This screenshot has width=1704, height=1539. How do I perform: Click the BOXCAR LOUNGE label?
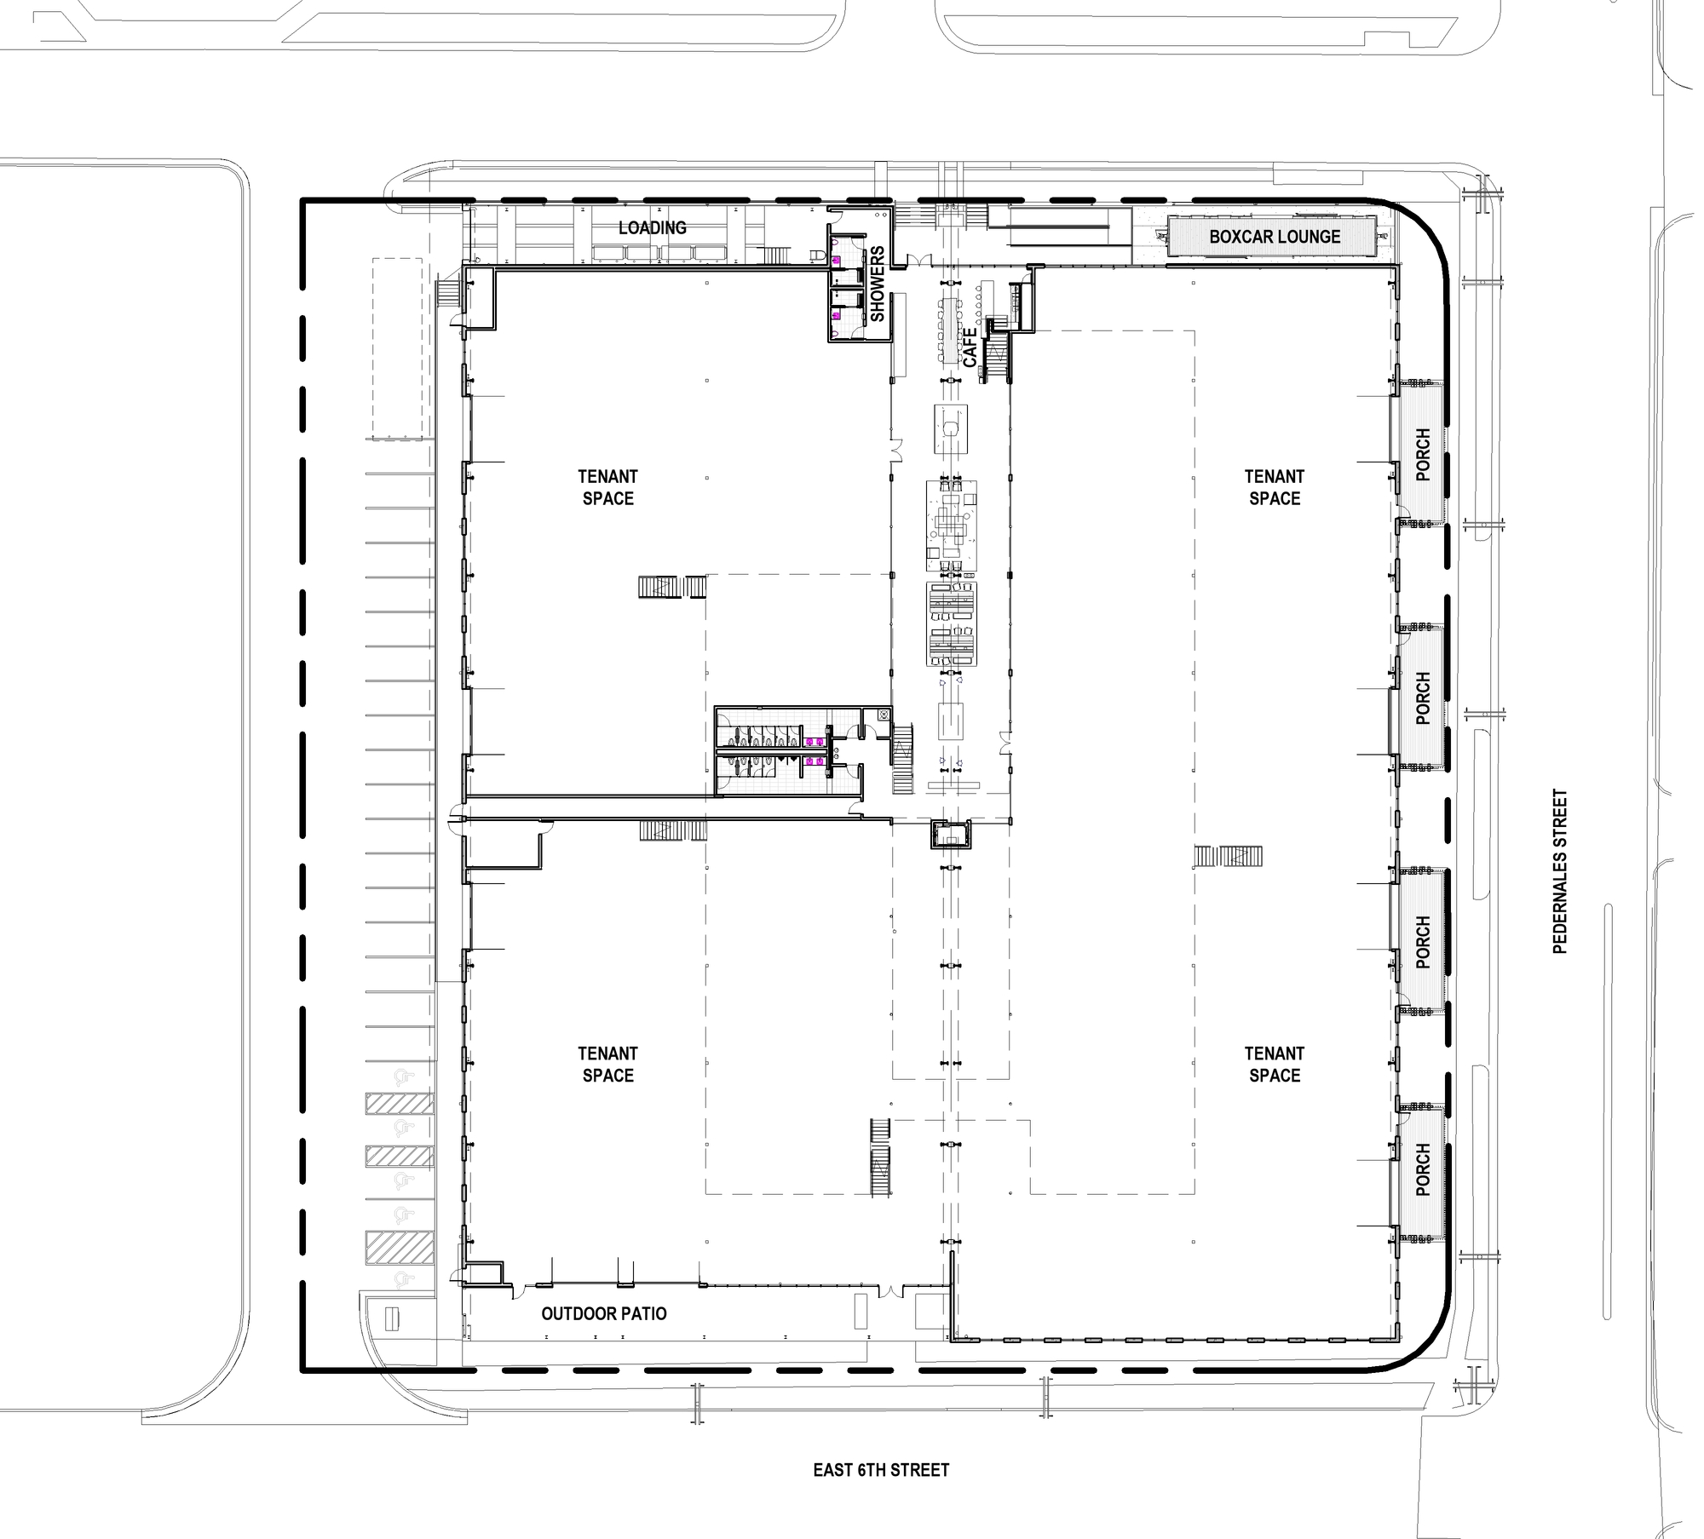coord(1275,237)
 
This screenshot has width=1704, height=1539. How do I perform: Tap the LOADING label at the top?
coord(653,227)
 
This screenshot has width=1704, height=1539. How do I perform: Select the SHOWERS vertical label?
coord(878,284)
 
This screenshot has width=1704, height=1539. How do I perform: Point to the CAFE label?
coord(970,347)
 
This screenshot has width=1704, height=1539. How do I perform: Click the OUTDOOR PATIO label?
coord(604,1313)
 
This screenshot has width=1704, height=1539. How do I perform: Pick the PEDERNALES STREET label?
coord(1560,871)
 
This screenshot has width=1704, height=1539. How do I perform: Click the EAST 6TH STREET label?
coord(881,1470)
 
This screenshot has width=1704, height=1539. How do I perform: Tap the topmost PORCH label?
coord(1423,455)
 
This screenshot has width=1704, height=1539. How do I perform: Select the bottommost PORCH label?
coord(1423,1169)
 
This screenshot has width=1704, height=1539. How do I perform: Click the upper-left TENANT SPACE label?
coord(608,487)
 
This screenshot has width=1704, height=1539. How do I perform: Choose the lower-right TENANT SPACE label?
coord(1275,1064)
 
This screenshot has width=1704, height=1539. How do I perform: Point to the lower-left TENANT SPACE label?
coord(608,1064)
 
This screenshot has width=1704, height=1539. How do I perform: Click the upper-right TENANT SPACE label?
coord(1275,487)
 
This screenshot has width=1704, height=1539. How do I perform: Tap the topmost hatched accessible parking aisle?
coord(400,1103)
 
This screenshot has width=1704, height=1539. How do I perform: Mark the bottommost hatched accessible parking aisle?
coord(400,1246)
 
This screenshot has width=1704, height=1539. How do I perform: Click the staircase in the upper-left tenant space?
coord(673,587)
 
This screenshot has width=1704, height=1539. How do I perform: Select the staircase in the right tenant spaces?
coord(1228,855)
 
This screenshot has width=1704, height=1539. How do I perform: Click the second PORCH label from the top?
coord(1423,698)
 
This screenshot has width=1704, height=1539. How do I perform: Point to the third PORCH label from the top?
coord(1423,942)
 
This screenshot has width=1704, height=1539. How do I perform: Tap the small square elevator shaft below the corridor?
coord(950,835)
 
